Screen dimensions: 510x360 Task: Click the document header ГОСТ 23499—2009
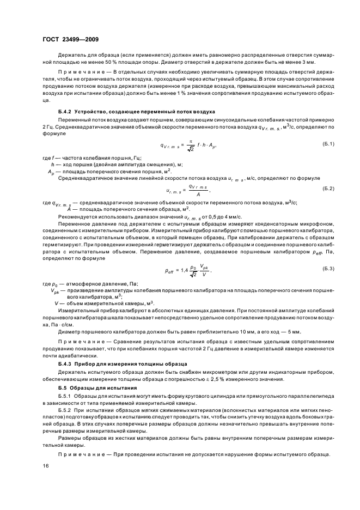(70, 40)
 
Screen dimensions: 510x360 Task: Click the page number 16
(46, 466)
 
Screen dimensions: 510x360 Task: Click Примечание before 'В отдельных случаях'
(80, 72)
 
